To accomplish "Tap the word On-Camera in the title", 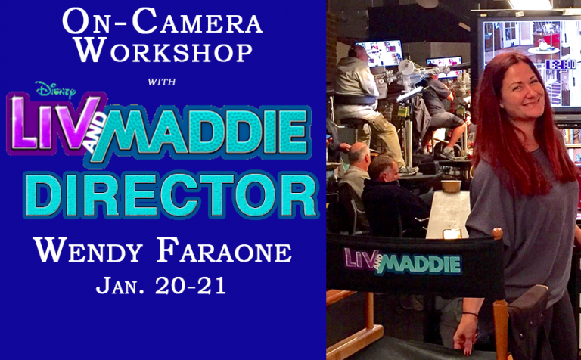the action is [x=163, y=21].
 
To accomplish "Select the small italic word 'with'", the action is [x=162, y=82].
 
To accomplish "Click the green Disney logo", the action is [x=55, y=90].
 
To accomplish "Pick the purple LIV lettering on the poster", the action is [x=55, y=123].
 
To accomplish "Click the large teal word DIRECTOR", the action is [x=171, y=195].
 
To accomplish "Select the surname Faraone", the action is [x=225, y=250].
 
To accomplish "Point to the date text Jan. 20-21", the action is [x=161, y=286].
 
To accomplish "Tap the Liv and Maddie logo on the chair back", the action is [x=402, y=262].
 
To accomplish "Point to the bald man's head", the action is [x=358, y=154].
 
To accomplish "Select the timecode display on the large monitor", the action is [x=561, y=64].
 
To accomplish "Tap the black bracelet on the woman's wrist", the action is [x=470, y=314].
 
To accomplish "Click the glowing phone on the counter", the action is [x=452, y=234].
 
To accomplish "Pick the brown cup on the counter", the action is [x=451, y=185].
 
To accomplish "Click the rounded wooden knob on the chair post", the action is [x=498, y=233].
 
